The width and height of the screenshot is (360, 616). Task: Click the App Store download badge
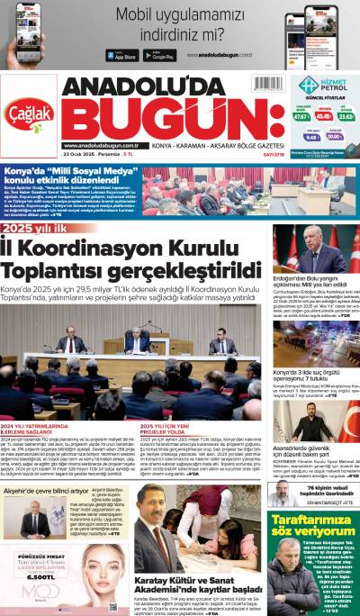122,55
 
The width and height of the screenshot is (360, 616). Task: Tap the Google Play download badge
158,55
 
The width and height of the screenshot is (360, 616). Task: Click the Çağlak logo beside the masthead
30,112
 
